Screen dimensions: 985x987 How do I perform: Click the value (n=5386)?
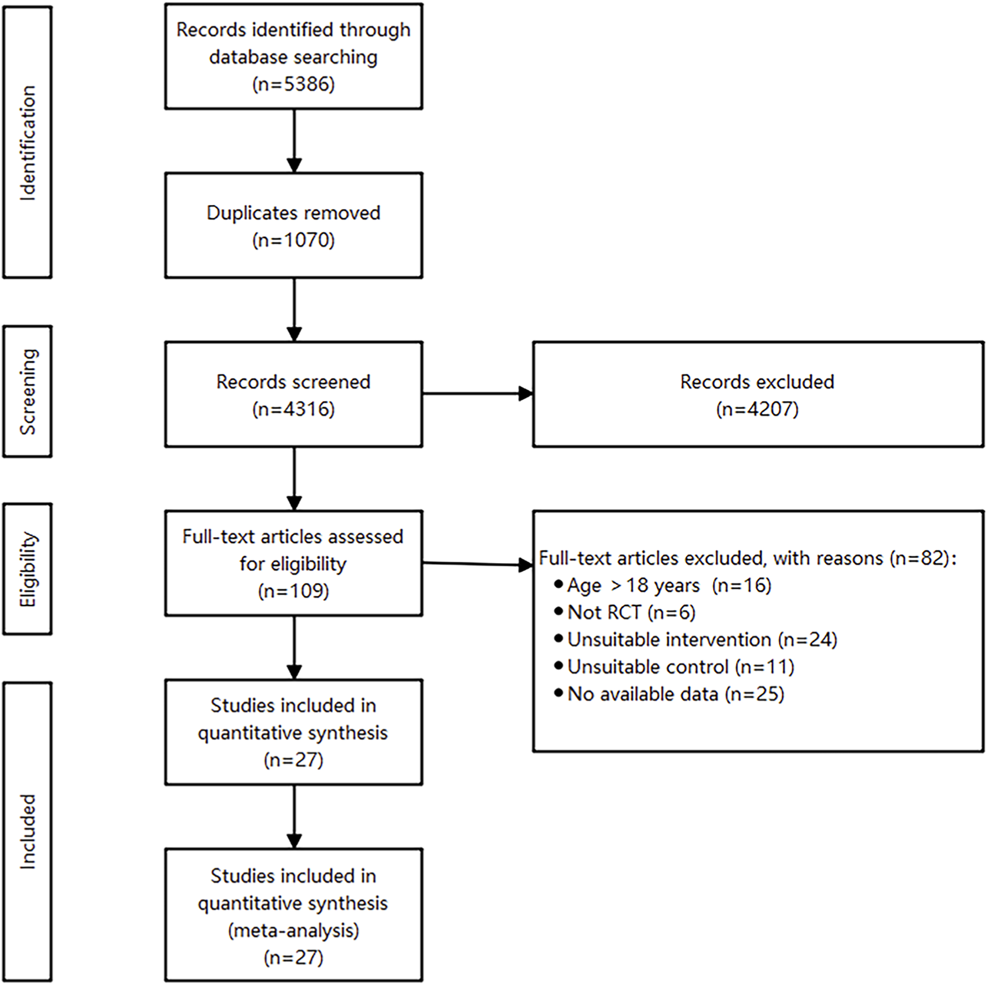[294, 84]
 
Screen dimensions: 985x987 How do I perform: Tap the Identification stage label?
[28, 142]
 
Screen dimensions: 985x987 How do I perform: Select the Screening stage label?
[28, 391]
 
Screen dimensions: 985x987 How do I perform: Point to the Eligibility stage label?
[28, 569]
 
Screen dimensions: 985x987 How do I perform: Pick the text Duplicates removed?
[294, 213]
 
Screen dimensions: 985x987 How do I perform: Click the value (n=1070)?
[294, 240]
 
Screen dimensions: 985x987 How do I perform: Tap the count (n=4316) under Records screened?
[294, 409]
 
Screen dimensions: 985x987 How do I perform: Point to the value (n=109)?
[294, 591]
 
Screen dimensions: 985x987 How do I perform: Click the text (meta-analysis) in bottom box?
[294, 930]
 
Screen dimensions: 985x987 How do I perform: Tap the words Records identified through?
[294, 30]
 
